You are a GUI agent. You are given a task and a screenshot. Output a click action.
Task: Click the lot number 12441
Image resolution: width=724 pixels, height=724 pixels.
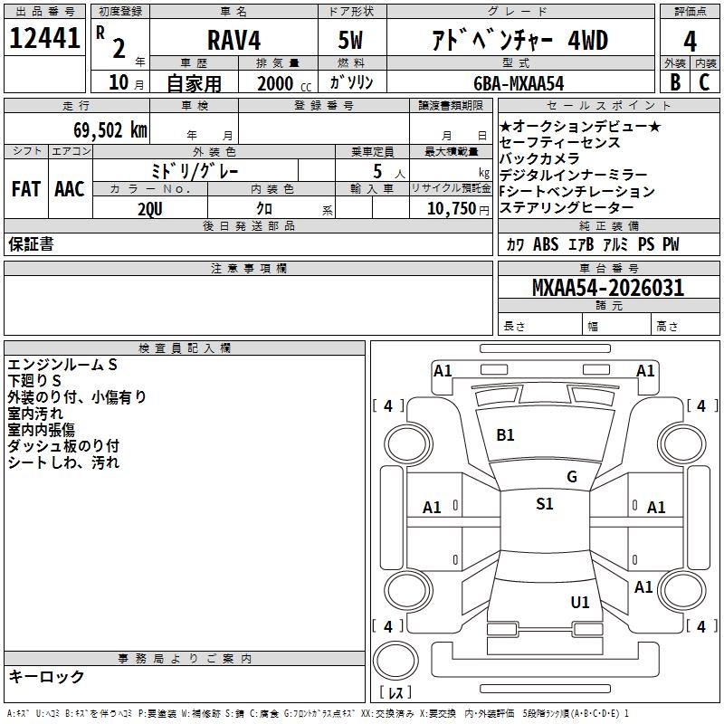coord(44,39)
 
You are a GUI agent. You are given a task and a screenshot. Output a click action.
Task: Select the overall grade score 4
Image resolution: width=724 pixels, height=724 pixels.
coord(690,41)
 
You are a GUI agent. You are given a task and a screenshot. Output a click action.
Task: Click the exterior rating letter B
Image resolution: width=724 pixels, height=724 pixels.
coord(674,81)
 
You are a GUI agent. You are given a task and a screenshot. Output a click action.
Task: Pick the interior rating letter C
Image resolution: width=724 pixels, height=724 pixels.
coord(705,81)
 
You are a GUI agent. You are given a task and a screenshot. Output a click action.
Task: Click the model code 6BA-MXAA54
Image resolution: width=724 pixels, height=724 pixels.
coord(519,83)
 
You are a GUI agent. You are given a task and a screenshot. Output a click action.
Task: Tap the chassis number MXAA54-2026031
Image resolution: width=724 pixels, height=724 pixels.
coord(608,288)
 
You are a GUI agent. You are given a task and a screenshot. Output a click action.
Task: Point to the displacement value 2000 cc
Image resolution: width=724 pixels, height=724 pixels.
coord(281,83)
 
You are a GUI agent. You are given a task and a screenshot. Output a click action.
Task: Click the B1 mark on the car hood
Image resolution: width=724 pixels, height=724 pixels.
coord(505,434)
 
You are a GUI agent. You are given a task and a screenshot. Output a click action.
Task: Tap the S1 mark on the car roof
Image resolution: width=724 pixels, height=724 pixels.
coord(544,504)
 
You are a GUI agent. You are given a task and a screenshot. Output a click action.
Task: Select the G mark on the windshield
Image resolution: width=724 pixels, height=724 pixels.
coord(571,477)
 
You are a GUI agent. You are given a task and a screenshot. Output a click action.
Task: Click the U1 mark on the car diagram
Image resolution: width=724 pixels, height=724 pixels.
coord(580,602)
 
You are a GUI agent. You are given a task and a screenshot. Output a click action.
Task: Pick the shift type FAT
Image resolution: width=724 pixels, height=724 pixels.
coord(26,189)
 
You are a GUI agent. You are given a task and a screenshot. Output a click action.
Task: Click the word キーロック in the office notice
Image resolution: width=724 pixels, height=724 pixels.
coord(46,676)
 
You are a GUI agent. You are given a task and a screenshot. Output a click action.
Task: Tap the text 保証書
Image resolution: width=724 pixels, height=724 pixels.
coord(31,243)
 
